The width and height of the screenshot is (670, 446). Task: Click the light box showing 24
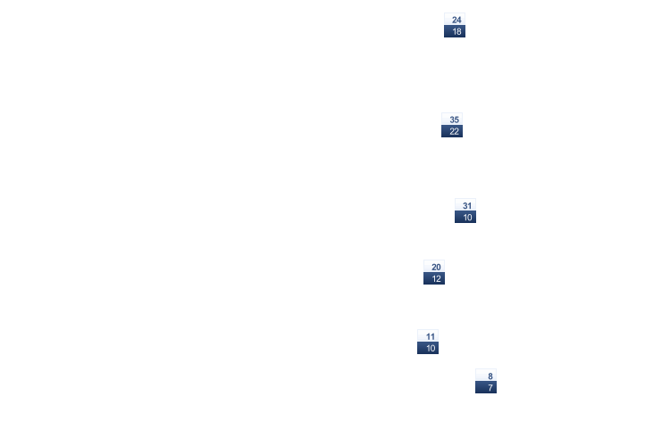click(x=455, y=20)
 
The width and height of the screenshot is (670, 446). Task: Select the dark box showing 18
click(x=455, y=31)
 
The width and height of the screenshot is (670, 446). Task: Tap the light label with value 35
click(x=452, y=119)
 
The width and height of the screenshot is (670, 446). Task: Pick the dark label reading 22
click(x=452, y=131)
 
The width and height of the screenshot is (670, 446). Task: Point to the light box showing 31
click(x=465, y=205)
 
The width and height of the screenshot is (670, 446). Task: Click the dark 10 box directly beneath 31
click(x=465, y=217)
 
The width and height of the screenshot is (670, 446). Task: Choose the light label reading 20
click(x=434, y=267)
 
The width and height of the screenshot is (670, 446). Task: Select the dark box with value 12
click(x=434, y=278)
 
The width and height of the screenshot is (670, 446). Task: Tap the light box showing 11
click(x=428, y=336)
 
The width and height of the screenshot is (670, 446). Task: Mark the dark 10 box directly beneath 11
click(x=428, y=348)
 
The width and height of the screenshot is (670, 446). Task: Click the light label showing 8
click(x=486, y=376)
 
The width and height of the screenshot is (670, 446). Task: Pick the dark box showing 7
click(x=486, y=387)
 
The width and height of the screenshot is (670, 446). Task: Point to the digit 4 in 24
click(x=459, y=20)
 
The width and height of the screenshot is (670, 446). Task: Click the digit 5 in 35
click(x=456, y=120)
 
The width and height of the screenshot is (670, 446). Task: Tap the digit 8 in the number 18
click(x=459, y=31)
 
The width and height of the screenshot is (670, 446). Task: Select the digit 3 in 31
click(x=465, y=206)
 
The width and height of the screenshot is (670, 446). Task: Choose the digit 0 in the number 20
click(x=439, y=268)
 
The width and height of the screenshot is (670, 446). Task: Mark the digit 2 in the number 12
click(x=439, y=279)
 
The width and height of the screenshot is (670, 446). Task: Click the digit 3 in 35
click(x=452, y=120)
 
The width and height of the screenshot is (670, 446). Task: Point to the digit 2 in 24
click(x=454, y=20)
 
